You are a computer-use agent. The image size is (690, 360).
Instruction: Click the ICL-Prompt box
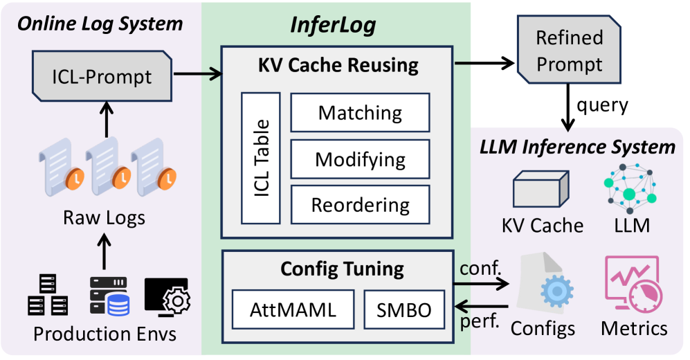pyautogui.click(x=102, y=76)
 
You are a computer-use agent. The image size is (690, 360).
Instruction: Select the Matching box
pyautogui.click(x=360, y=113)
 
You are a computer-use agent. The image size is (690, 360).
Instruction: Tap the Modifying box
pyautogui.click(x=360, y=159)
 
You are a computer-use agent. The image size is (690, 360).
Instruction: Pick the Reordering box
pyautogui.click(x=360, y=205)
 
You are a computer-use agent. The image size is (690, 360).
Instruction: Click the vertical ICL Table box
pyautogui.click(x=261, y=158)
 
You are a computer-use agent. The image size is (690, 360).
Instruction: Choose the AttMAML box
pyautogui.click(x=293, y=309)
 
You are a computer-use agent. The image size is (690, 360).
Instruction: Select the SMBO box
pyautogui.click(x=404, y=309)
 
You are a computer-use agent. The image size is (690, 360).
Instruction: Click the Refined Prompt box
pyautogui.click(x=569, y=50)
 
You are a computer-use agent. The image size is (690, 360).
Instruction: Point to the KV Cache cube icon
pyautogui.click(x=541, y=189)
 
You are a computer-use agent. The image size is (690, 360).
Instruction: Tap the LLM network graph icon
pyautogui.click(x=630, y=189)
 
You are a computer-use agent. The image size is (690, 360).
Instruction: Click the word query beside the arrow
pyautogui.click(x=602, y=106)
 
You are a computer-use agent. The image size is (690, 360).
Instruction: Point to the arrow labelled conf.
pyautogui.click(x=481, y=284)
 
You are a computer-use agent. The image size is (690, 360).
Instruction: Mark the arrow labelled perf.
pyautogui.click(x=481, y=306)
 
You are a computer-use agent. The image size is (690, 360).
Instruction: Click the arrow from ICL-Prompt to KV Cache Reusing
pyautogui.click(x=197, y=73)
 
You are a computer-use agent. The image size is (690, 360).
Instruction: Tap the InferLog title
pyautogui.click(x=333, y=25)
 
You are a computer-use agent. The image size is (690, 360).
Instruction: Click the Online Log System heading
pyautogui.click(x=100, y=24)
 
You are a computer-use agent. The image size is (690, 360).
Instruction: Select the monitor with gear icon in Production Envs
pyautogui.click(x=167, y=296)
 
